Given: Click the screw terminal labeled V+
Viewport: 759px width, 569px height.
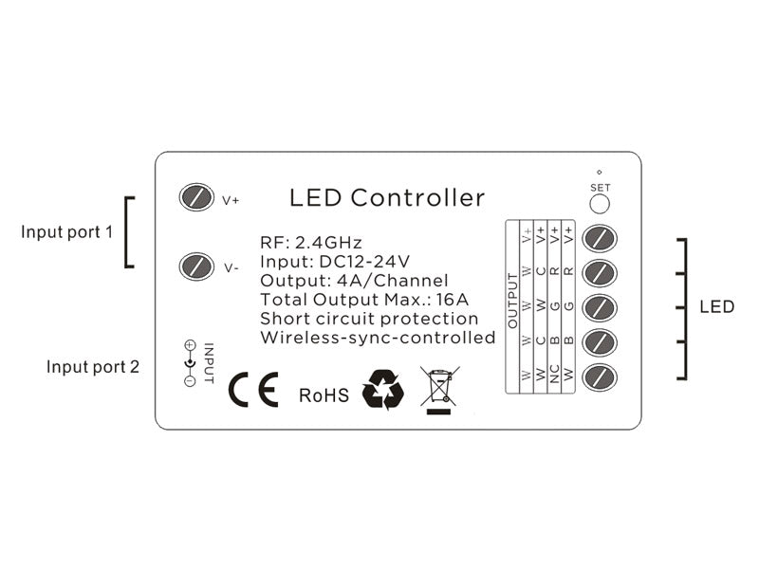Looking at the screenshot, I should click(195, 197).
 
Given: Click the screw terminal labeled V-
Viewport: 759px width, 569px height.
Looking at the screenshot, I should click(195, 266).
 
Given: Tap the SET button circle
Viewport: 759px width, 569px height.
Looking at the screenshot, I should click(600, 205).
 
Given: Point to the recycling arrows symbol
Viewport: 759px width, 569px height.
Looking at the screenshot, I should click(383, 390).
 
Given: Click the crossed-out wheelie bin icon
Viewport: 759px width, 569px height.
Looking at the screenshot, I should click(439, 390).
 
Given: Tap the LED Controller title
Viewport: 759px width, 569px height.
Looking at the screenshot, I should click(387, 198).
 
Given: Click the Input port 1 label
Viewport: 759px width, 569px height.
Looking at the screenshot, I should click(66, 231).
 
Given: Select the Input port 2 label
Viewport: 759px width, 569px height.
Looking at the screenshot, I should click(92, 366).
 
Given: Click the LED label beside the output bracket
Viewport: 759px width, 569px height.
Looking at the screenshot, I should click(717, 306).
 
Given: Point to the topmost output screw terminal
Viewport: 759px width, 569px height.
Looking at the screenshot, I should click(600, 237).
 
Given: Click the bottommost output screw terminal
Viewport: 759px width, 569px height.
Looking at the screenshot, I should click(600, 376).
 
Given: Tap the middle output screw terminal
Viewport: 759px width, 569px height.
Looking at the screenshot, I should click(600, 307).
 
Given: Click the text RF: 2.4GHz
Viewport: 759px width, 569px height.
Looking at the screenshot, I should click(311, 243).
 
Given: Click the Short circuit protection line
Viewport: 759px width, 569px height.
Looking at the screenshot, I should click(369, 319).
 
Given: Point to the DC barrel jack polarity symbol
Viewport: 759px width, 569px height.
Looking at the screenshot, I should click(190, 362).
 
